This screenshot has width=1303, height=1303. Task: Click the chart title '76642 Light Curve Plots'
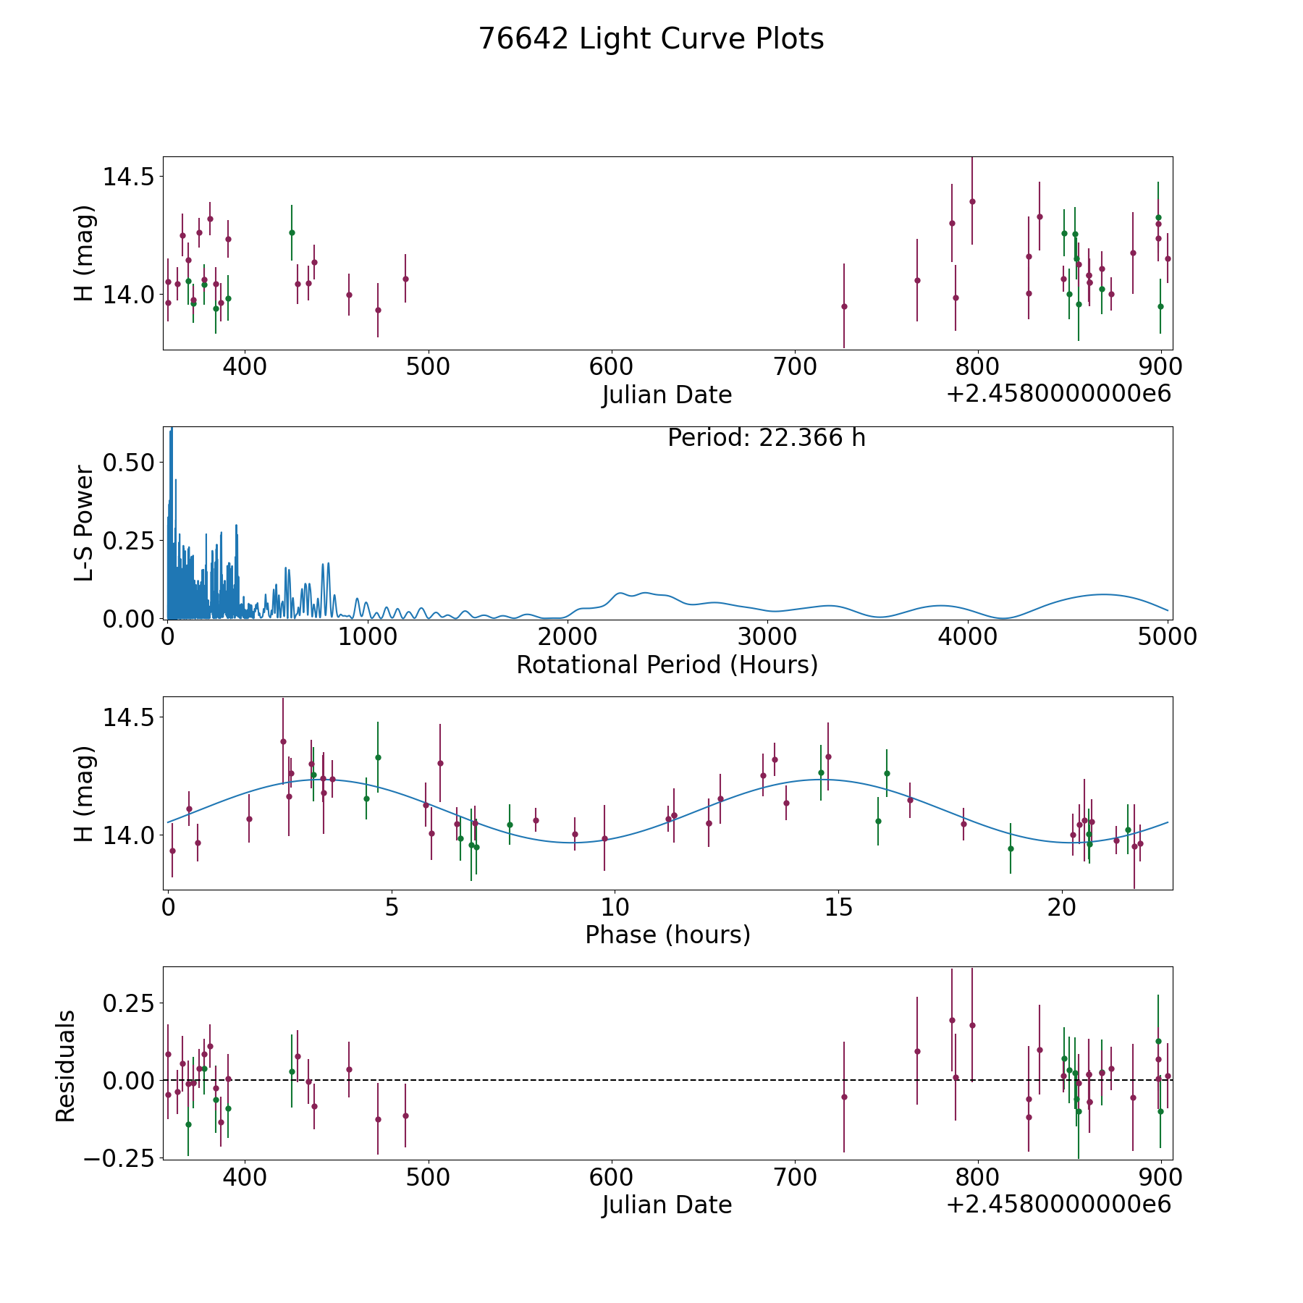pyautogui.click(x=651, y=39)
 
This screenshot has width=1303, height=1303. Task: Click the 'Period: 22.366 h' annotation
pyautogui.click(x=766, y=438)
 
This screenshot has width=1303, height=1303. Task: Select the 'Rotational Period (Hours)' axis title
pyautogui.click(x=667, y=665)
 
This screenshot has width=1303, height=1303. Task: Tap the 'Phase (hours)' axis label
pyautogui.click(x=667, y=935)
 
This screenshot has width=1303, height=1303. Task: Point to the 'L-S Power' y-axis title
pyautogui.click(x=85, y=523)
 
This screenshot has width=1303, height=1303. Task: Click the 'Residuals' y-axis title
pyautogui.click(x=66, y=1066)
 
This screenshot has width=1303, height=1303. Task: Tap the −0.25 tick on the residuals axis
pyautogui.click(x=119, y=1158)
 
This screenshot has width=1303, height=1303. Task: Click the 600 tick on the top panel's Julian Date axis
pyautogui.click(x=612, y=366)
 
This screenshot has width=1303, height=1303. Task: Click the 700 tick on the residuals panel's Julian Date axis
pyautogui.click(x=795, y=1176)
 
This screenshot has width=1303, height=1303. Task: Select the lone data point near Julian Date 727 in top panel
pyautogui.click(x=844, y=306)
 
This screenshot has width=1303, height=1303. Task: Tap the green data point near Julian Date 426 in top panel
pyautogui.click(x=292, y=232)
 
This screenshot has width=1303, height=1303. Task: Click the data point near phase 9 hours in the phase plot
pyautogui.click(x=575, y=834)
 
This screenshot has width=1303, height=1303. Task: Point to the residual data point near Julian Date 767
pyautogui.click(x=917, y=1051)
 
